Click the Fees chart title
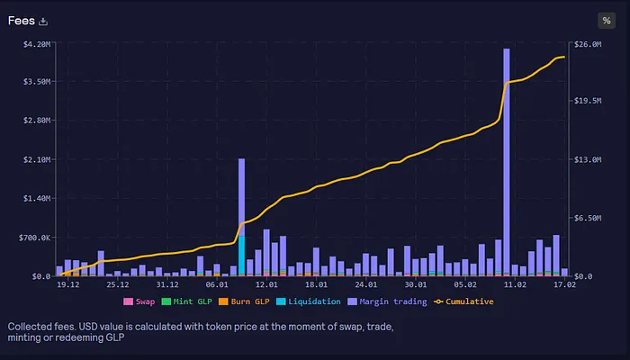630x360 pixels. (x=22, y=21)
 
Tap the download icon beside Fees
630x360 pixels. (x=43, y=22)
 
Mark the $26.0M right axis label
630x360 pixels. (x=588, y=43)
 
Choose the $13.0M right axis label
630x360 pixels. (x=588, y=159)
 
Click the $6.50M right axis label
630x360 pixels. (x=588, y=218)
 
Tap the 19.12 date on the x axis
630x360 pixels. (x=68, y=284)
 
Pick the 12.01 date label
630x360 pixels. (x=266, y=284)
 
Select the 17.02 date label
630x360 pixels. (x=563, y=284)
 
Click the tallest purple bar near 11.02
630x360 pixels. (x=507, y=162)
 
